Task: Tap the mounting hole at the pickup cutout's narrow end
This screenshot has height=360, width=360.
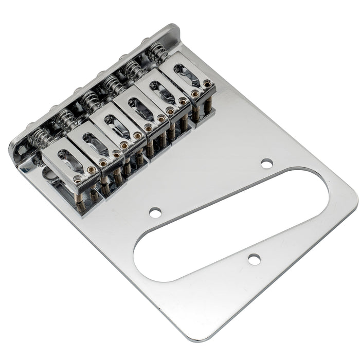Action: (x=266, y=163)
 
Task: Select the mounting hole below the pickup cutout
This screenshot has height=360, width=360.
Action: (x=254, y=260)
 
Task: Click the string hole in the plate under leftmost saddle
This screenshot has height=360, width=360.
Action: (x=51, y=177)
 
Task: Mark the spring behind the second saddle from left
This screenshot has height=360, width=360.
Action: (x=66, y=119)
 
